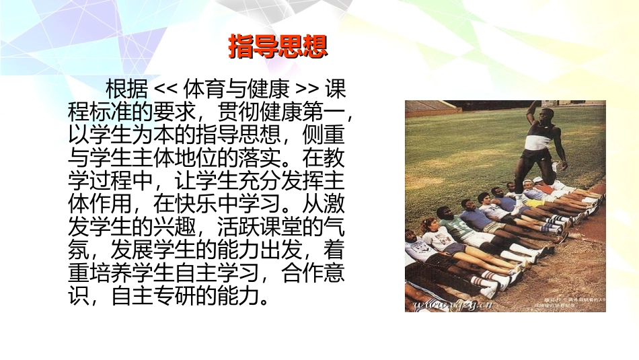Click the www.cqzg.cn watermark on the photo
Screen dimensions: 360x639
(x=445, y=305)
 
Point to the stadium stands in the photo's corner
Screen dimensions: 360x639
(x=430, y=106)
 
